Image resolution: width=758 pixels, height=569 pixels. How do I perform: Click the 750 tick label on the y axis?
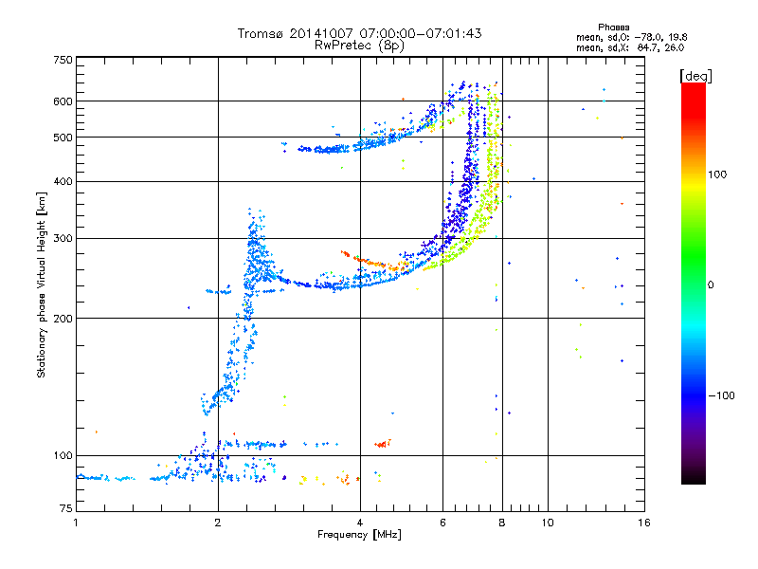[x=63, y=59]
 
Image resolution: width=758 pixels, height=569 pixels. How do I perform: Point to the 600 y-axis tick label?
[x=63, y=101]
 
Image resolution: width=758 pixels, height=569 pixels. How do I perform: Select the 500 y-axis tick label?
[x=63, y=137]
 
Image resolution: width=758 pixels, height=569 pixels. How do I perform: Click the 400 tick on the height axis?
[x=63, y=181]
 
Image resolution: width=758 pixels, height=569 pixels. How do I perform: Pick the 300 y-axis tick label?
[x=63, y=238]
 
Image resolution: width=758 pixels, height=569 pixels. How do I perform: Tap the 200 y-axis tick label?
[x=63, y=318]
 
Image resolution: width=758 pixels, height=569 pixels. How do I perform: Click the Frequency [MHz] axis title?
[x=359, y=535]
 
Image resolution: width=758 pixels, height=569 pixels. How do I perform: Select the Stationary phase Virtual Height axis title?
[x=42, y=284]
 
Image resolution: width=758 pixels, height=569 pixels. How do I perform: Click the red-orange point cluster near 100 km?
[x=383, y=443]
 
